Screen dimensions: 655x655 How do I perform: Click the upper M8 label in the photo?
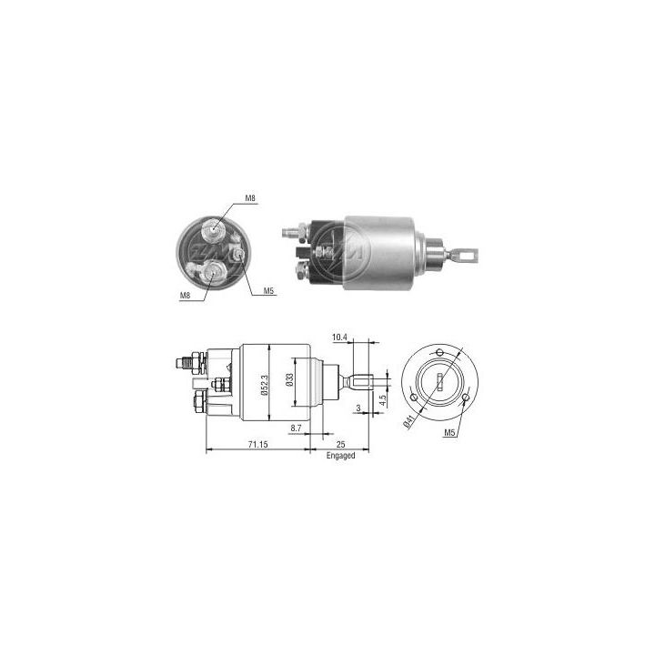(x=251, y=197)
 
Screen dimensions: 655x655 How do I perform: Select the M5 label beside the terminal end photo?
(x=269, y=291)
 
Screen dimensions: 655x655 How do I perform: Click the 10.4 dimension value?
(x=339, y=338)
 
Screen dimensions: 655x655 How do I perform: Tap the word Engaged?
(x=340, y=455)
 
